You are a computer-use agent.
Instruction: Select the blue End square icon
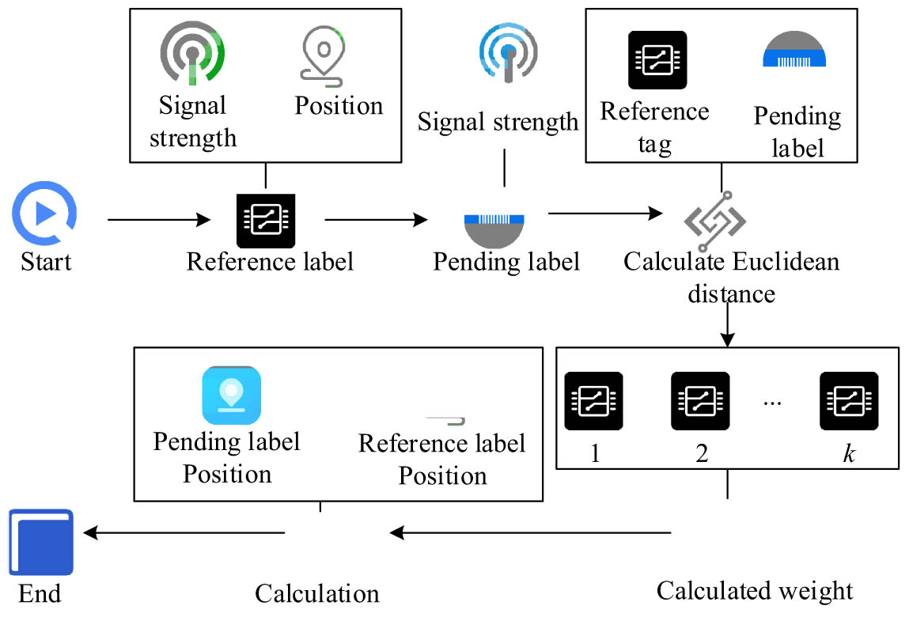41,542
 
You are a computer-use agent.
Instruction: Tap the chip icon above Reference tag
657,60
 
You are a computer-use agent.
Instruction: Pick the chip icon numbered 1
593,401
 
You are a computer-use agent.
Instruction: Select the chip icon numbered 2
700,401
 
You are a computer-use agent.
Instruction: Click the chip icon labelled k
849,401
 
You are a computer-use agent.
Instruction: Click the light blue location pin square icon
231,395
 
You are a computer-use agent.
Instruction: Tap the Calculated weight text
755,590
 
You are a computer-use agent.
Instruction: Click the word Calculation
317,593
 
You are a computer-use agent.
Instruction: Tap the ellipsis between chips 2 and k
773,402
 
